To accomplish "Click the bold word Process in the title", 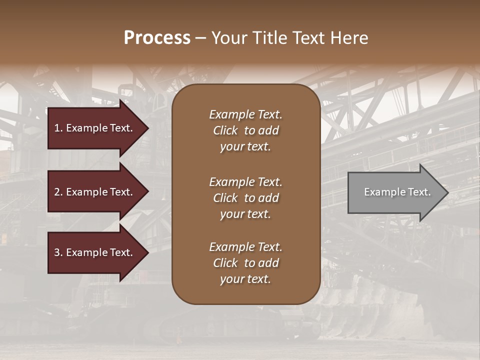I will (x=157, y=38).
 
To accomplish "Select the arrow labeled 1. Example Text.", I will (x=95, y=128).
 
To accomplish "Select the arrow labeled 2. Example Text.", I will (x=95, y=192).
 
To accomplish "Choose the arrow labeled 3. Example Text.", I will (x=95, y=252).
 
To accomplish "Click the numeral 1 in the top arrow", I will (x=57, y=128).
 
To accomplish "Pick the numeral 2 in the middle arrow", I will (x=57, y=192).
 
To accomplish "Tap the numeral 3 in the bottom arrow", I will (x=57, y=252).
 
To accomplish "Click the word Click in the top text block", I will (x=225, y=130).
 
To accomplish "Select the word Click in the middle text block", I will (x=225, y=198).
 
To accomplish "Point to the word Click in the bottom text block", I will (x=225, y=263).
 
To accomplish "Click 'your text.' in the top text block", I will (x=245, y=146).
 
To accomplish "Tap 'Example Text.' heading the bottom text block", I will (x=245, y=247).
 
